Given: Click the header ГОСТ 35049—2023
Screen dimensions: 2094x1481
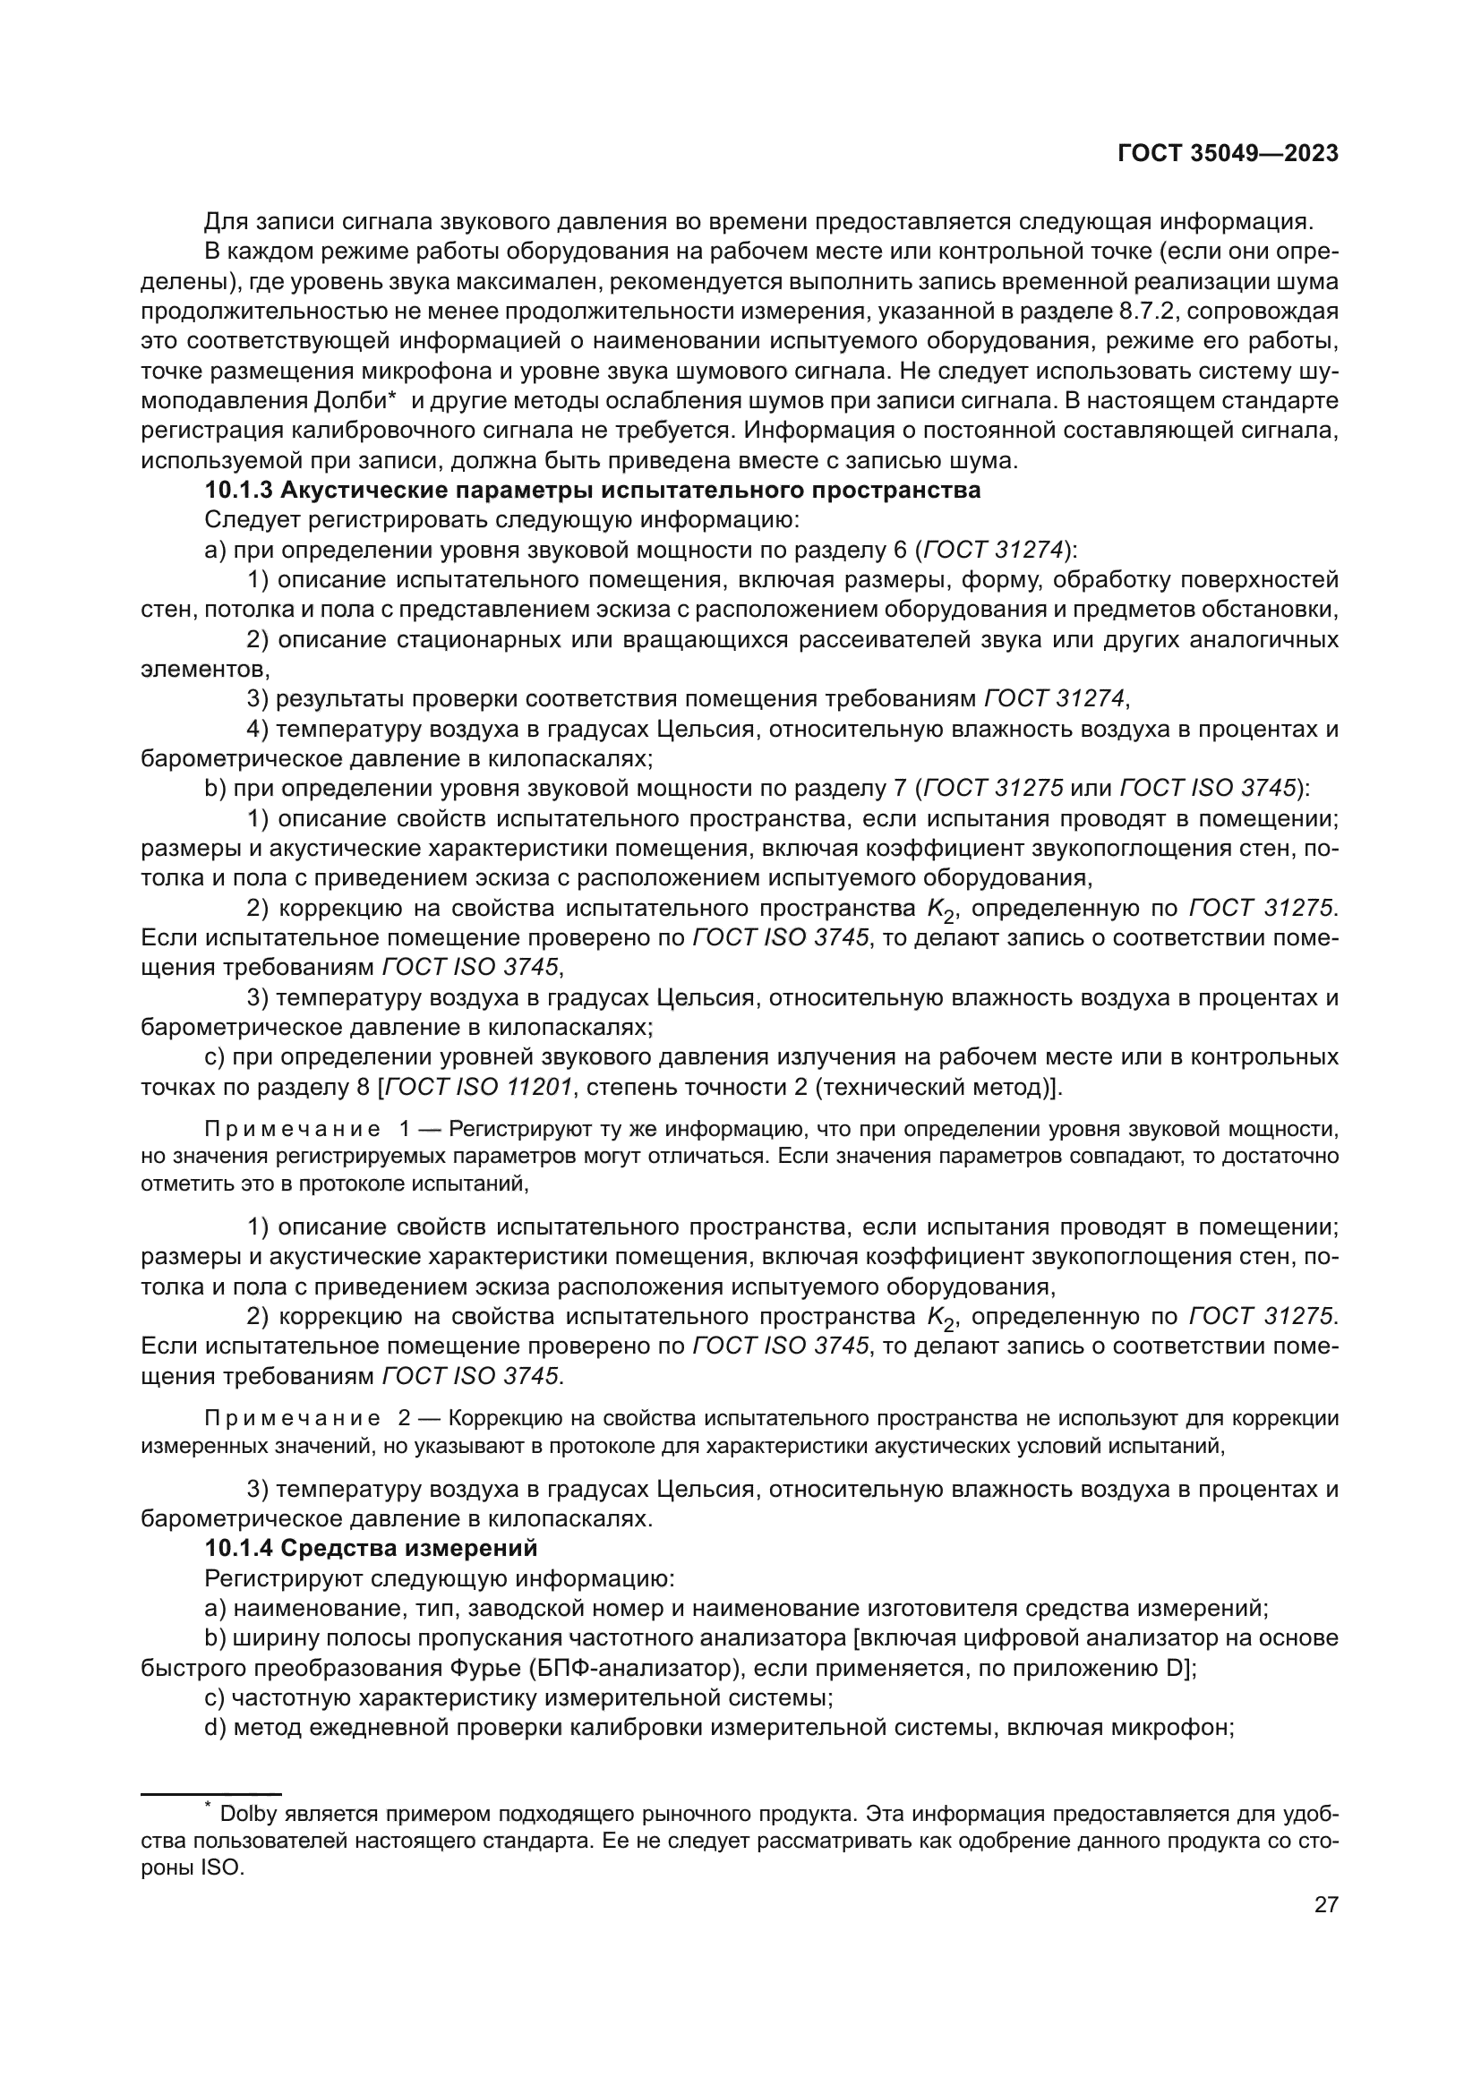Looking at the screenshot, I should [1228, 153].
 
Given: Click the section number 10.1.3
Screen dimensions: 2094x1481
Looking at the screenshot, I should [239, 491].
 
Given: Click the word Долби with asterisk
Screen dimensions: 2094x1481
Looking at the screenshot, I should [355, 401].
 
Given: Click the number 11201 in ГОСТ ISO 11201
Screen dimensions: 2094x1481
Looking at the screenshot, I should [541, 1088].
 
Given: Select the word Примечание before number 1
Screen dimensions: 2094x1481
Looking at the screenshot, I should [292, 1130].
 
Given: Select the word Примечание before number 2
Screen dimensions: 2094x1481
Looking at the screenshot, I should [292, 1419].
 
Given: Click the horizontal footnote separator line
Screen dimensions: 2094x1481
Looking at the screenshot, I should [210, 1792].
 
